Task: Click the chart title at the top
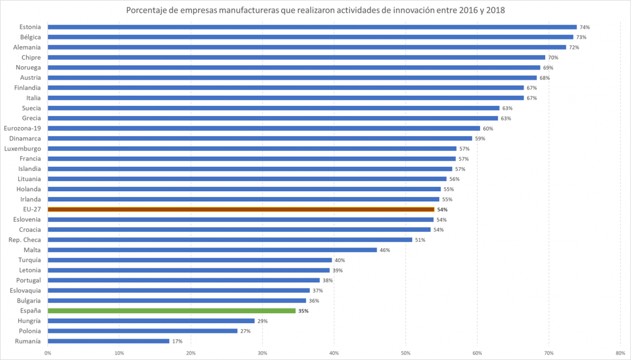click(x=315, y=10)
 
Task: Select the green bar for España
click(x=171, y=310)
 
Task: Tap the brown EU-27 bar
click(x=241, y=209)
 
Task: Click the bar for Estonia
click(x=312, y=27)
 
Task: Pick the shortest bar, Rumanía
click(x=108, y=341)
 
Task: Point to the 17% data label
click(x=177, y=341)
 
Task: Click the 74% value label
click(x=585, y=27)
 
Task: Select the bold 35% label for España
click(x=303, y=311)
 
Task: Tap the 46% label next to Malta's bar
click(x=385, y=250)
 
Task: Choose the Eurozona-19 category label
click(x=22, y=128)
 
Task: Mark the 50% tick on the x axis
click(x=406, y=353)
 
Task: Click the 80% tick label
click(x=620, y=353)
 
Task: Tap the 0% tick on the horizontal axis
click(x=47, y=353)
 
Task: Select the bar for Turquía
click(x=190, y=260)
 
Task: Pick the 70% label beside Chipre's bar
click(x=553, y=58)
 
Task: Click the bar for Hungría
click(x=151, y=321)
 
